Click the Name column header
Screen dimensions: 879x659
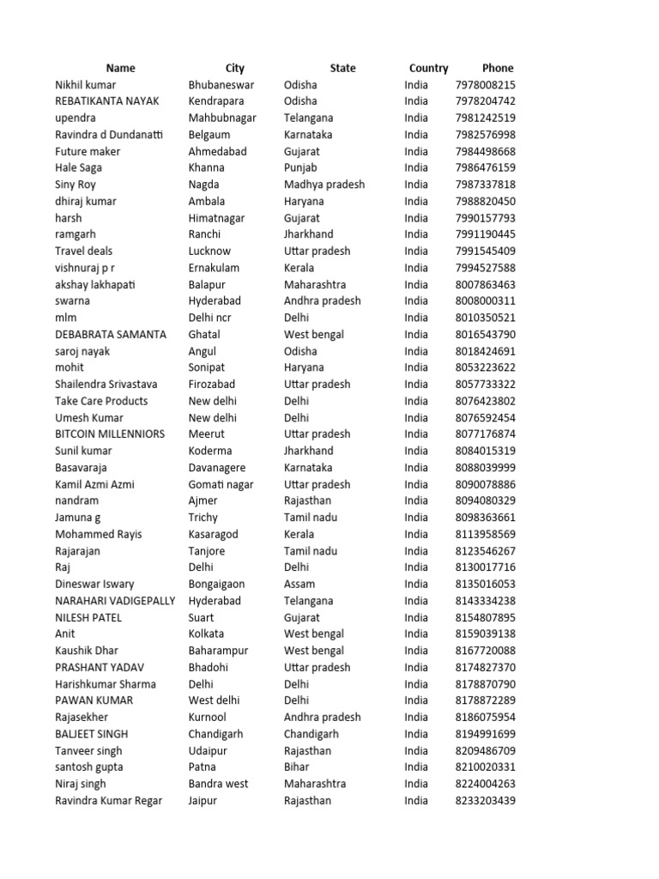121,68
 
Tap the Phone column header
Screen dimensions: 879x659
498,68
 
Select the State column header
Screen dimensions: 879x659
342,68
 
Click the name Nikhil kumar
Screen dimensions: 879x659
86,85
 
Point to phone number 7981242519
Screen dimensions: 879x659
486,118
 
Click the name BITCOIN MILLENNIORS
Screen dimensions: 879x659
110,434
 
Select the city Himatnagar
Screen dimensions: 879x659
216,218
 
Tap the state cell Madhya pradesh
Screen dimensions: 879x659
324,185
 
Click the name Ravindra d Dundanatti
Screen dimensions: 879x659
109,135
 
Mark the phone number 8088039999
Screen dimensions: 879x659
486,468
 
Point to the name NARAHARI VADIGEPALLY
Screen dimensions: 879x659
115,601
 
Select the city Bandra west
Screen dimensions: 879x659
219,784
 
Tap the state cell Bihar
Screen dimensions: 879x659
298,767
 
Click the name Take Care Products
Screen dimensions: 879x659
101,401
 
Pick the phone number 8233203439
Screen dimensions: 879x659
486,801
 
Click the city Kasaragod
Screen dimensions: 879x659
214,534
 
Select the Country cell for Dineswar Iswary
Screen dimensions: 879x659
416,585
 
